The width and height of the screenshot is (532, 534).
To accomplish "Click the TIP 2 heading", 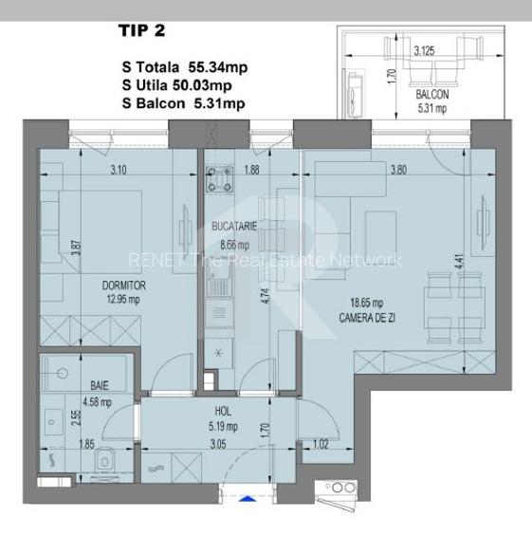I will (x=141, y=30).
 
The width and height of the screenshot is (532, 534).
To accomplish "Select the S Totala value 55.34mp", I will (x=212, y=67).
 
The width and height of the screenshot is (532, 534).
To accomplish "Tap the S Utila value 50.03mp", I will (x=211, y=85).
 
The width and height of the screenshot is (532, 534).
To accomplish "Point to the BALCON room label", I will (x=431, y=96).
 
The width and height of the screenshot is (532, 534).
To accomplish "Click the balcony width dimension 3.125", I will (x=425, y=50).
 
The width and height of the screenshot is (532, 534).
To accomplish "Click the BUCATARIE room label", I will (x=236, y=227).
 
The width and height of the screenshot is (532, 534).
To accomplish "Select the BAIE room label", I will (x=98, y=386).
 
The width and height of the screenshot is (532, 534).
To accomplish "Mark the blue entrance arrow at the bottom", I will (x=247, y=498).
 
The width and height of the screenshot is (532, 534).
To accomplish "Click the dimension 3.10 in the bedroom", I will (x=119, y=171).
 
